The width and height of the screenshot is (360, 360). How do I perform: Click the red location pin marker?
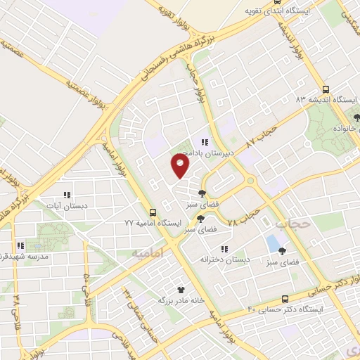(x=181, y=167)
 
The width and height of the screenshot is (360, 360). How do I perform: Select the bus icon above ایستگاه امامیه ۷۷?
(x=153, y=212)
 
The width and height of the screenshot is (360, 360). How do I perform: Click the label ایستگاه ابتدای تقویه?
(x=280, y=11)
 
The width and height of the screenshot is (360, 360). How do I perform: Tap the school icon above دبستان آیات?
(x=67, y=195)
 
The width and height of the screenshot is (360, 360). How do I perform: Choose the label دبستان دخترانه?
(x=226, y=259)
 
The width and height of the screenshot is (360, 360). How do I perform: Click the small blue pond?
(x=272, y=244)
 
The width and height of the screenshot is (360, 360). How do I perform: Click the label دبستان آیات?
(x=67, y=205)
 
